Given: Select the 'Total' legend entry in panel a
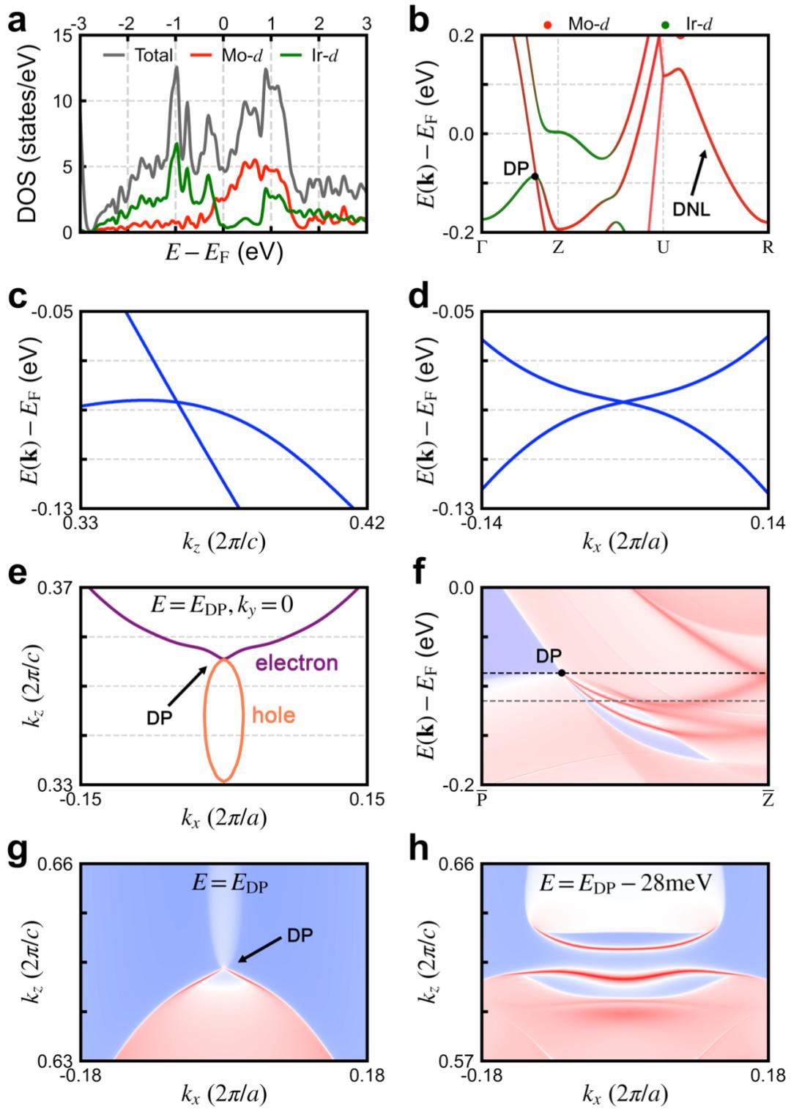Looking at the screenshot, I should (153, 55).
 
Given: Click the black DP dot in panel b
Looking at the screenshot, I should (535, 176).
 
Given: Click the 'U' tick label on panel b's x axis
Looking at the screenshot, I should (663, 247).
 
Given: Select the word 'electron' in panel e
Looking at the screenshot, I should (297, 663).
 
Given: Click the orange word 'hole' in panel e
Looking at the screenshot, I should (274, 715).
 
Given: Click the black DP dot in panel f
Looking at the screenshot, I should (562, 672).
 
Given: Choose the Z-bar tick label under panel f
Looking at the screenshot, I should (767, 799).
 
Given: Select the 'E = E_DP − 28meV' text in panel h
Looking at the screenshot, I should (626, 883).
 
